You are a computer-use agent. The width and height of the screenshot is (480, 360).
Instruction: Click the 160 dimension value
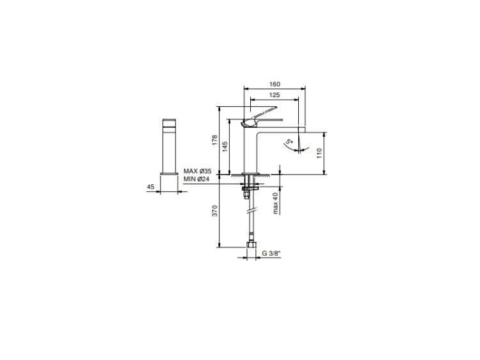[x=275, y=84]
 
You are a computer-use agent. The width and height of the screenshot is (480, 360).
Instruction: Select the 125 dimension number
[x=275, y=95]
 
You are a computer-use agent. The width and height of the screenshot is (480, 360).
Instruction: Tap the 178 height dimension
[x=214, y=140]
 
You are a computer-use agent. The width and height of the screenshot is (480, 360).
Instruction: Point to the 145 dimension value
[x=225, y=147]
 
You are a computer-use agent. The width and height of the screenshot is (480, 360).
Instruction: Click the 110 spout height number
[x=319, y=153]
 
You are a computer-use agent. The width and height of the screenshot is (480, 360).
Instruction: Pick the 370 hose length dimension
[x=214, y=211]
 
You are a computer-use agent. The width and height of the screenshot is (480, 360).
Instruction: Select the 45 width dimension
[x=150, y=187]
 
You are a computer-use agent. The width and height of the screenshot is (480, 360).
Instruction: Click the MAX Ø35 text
[x=198, y=171]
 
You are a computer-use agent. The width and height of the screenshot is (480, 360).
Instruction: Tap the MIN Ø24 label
[x=196, y=179]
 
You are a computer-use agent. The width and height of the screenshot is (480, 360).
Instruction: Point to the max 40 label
[x=276, y=203]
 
